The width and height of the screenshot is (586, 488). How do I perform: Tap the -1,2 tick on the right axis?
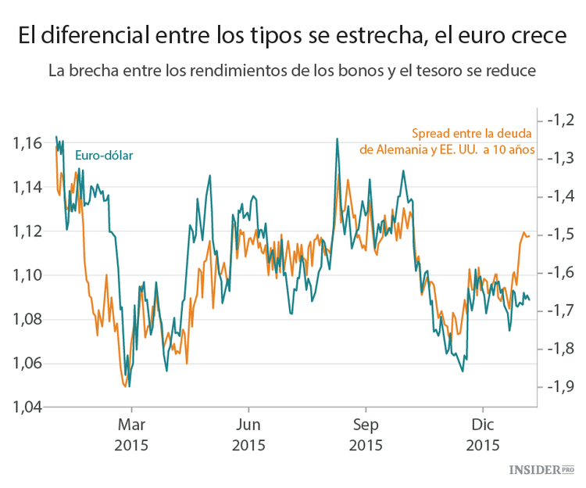click(x=562, y=120)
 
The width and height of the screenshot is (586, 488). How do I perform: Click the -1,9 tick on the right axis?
click(x=562, y=386)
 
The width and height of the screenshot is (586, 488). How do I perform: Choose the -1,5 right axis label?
click(x=562, y=234)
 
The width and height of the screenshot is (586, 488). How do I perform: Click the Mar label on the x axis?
click(x=131, y=425)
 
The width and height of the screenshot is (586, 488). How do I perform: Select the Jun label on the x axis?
click(x=248, y=425)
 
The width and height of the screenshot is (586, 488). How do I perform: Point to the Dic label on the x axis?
click(x=483, y=425)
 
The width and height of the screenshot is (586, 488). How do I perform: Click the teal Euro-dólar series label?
click(x=104, y=155)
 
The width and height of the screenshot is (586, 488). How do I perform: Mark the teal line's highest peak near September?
click(x=337, y=139)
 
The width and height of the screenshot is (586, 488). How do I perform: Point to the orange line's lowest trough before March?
click(x=124, y=386)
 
